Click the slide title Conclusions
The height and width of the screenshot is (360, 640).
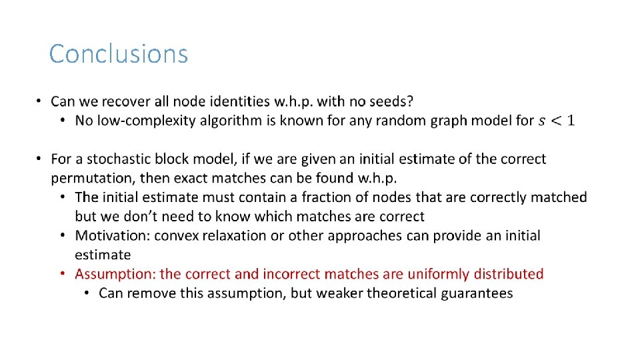(x=119, y=54)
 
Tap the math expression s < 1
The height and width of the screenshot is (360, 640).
(x=557, y=121)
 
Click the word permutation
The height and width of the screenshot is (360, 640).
(x=94, y=179)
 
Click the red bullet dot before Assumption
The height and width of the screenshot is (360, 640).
(x=61, y=274)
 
